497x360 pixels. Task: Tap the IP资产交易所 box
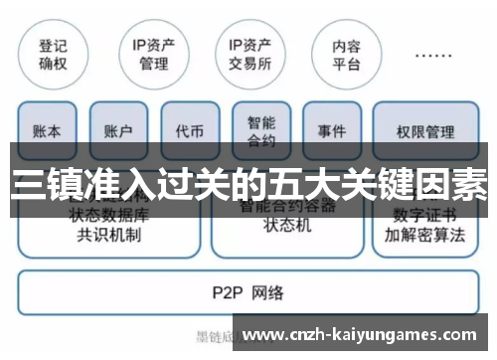point(249,53)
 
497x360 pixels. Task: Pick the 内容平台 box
point(347,53)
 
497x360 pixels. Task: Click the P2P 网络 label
point(248,292)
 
